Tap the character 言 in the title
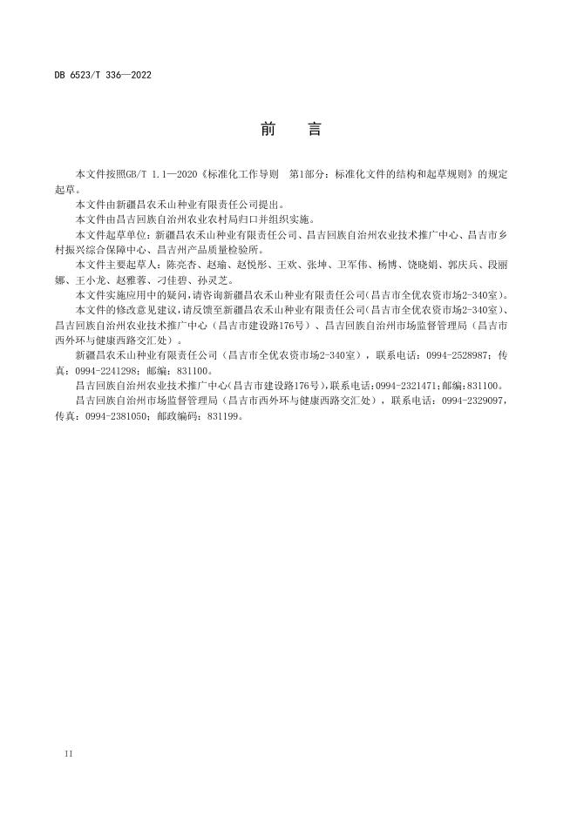[315, 130]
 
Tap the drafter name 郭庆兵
[463, 262]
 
